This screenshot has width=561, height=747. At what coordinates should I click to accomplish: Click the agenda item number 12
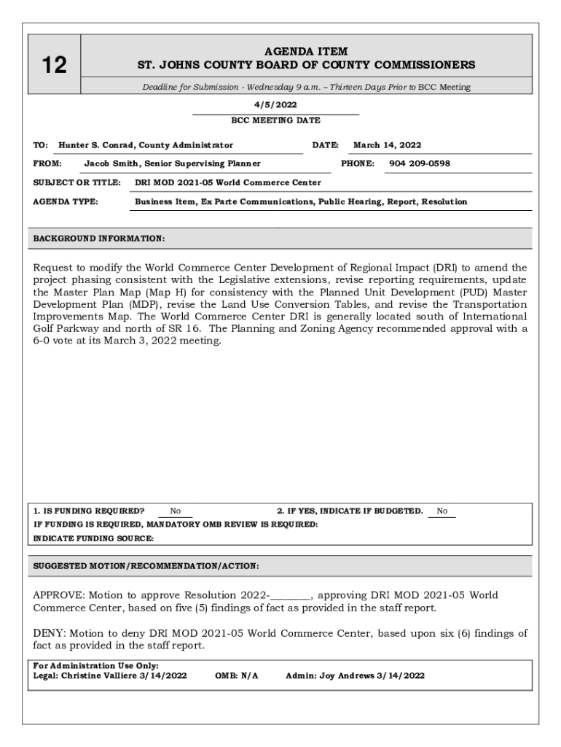[54, 66]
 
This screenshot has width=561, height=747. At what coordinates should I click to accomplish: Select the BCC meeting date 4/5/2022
[275, 105]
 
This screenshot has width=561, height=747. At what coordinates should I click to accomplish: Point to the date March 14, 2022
[387, 145]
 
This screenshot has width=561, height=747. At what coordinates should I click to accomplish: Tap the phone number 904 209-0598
[420, 163]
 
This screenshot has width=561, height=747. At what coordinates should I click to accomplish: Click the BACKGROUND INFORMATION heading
[99, 238]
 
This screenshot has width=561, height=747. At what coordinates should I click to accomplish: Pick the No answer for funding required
[176, 511]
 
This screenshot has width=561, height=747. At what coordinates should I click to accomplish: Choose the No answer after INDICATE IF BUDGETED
[442, 511]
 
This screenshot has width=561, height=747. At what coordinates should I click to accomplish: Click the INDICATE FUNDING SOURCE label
[94, 538]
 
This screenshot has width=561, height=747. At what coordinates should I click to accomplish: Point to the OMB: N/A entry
[237, 676]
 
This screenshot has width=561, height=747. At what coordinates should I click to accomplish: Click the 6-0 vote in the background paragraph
[44, 341]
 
